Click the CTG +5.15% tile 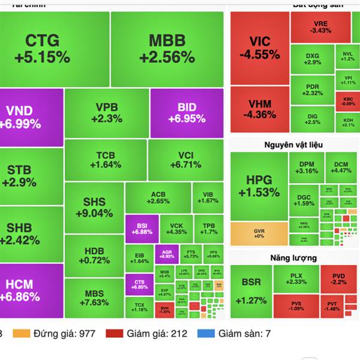tap(55, 49)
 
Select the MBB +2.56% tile tap(167, 49)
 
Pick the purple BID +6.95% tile tap(187, 113)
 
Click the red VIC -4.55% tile tap(259, 48)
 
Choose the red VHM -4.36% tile tap(259, 109)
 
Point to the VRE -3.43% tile tap(320, 26)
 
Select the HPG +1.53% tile tap(259, 186)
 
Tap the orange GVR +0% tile tap(259, 233)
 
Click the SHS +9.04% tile tap(94, 207)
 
